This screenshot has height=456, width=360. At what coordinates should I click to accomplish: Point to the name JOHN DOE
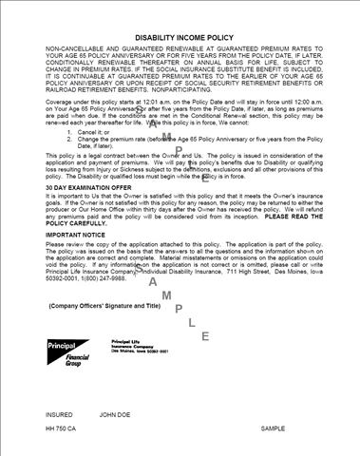[x=119, y=414]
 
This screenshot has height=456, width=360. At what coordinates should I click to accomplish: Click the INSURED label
[x=59, y=414]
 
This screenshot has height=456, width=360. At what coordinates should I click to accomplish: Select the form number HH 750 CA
[x=65, y=430]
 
